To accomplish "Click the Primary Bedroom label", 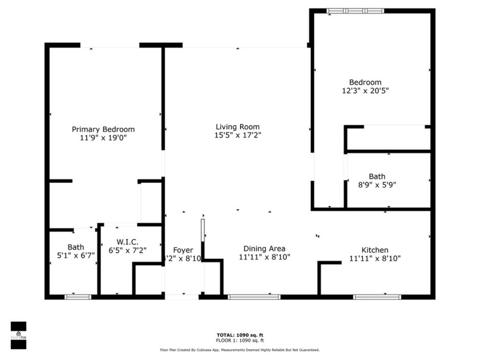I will [x=103, y=129].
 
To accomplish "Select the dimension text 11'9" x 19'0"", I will [x=103, y=138].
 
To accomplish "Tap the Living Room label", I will [x=237, y=127].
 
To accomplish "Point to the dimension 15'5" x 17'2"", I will [x=237, y=135].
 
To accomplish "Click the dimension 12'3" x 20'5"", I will [x=365, y=90].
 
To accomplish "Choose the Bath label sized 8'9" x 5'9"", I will [x=377, y=177].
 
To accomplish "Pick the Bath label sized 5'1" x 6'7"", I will [x=75, y=247].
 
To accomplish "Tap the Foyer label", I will [x=183, y=250].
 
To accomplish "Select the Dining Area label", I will [x=264, y=249].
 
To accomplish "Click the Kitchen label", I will [x=375, y=250].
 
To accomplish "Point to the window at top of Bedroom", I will [x=355, y=10].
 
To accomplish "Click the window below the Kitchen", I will [x=377, y=297].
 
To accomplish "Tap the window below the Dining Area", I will [x=254, y=297].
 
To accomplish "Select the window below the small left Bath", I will [x=78, y=297].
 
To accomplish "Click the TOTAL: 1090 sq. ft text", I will [x=239, y=335].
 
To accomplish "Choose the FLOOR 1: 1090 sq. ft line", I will [x=239, y=341].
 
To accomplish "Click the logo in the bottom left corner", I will [x=18, y=334].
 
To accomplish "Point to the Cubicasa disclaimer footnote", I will [x=239, y=350].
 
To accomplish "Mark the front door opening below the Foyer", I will [x=182, y=297].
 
